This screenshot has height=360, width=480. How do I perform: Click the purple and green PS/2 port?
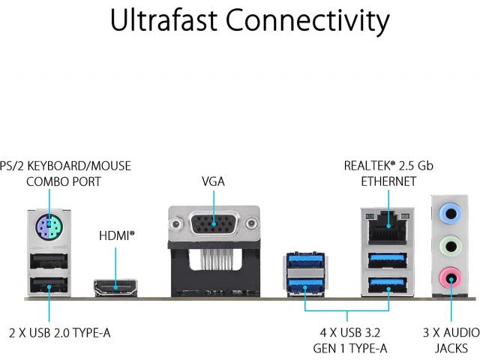click(x=49, y=227)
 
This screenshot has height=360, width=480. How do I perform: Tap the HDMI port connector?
click(x=115, y=288)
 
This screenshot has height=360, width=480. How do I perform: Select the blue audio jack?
click(x=450, y=213)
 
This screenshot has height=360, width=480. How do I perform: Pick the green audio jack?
click(x=450, y=246)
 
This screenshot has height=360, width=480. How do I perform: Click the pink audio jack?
click(x=450, y=278)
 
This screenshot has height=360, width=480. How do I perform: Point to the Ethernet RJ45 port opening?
click(x=388, y=230)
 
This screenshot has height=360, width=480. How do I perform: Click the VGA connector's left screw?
click(x=176, y=223)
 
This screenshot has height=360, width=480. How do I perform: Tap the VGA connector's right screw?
click(x=252, y=223)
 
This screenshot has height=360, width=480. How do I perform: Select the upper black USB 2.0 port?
click(x=49, y=261)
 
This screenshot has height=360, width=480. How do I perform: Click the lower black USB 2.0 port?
click(x=49, y=285)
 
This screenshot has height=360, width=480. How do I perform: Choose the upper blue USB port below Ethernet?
click(x=388, y=260)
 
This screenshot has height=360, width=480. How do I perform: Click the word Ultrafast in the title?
click(x=163, y=20)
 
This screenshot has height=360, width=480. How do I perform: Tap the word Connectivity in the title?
click(x=307, y=22)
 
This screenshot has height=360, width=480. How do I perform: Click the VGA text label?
click(x=213, y=181)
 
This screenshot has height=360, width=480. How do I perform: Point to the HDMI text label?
click(x=117, y=235)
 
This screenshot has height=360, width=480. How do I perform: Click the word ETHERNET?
click(x=388, y=181)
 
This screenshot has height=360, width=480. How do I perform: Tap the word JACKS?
click(x=451, y=348)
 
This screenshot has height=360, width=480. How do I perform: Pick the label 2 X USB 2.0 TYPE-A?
click(x=60, y=333)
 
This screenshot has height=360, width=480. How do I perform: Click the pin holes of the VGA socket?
click(x=214, y=223)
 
